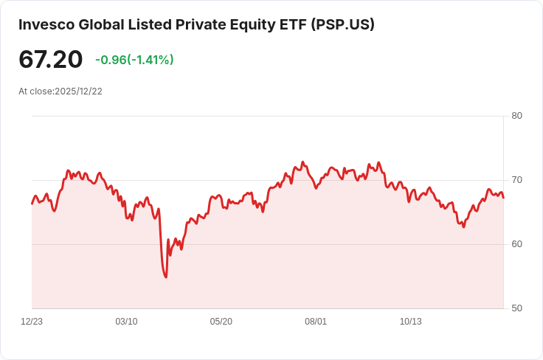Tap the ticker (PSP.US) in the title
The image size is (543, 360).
coord(342,24)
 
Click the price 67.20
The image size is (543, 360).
coord(50,60)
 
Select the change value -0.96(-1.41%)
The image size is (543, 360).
coord(134,60)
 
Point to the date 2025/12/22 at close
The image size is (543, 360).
coord(78,91)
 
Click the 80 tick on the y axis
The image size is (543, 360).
coord(516,116)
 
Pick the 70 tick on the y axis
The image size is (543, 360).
coord(516,180)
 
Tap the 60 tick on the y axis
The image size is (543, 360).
coord(516,244)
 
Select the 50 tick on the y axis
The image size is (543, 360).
coord(516,308)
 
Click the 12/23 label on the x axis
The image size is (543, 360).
coord(32,322)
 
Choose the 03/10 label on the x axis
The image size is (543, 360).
coord(126,322)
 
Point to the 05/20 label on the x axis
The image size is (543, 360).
coord(221,322)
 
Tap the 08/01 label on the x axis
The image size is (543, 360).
coord(316,322)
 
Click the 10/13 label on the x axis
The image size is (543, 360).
coord(410,322)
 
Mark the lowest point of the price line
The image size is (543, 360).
coord(166,277)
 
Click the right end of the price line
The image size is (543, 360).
coord(504,198)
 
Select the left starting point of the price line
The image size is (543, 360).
coord(32,204)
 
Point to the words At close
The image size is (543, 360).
coord(35,91)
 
